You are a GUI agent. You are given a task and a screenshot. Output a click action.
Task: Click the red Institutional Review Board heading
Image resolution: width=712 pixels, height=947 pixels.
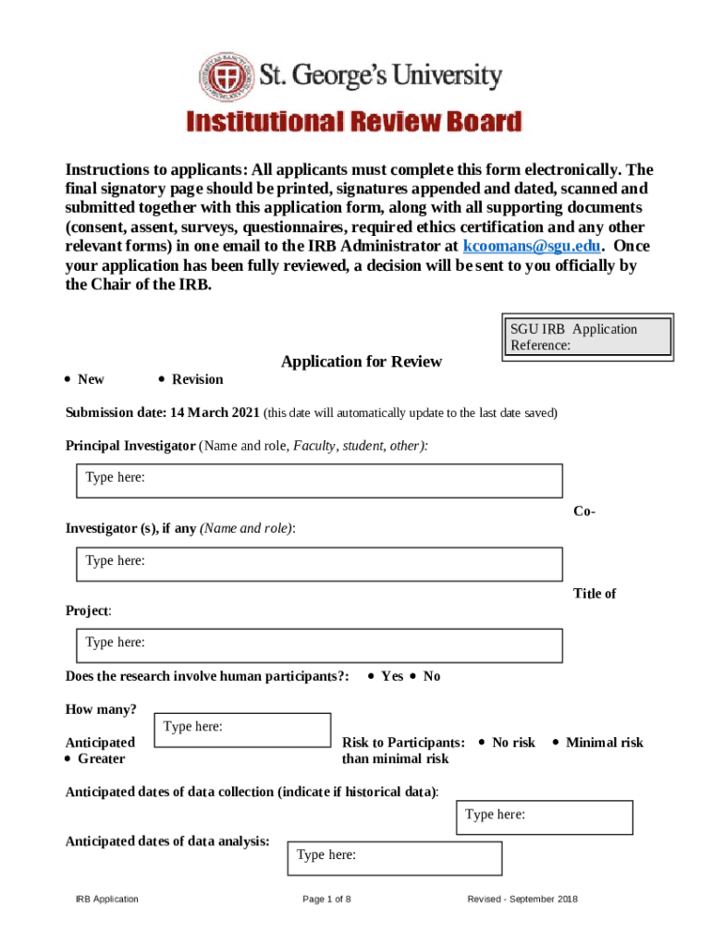(x=355, y=122)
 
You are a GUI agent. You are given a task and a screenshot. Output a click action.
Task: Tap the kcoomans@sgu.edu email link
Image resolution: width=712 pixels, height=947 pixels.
(x=533, y=246)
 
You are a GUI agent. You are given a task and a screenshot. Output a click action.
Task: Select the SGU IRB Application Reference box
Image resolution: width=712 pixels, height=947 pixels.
(x=586, y=338)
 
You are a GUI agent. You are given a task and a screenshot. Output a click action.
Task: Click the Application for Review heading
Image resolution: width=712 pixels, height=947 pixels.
(x=362, y=362)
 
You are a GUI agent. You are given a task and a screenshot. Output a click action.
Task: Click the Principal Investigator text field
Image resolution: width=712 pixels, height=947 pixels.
(x=319, y=481)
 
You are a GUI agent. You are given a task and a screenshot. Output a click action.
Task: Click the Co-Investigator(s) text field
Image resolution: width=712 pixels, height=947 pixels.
(x=319, y=564)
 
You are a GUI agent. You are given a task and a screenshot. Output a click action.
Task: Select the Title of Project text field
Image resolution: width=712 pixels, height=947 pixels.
(x=319, y=646)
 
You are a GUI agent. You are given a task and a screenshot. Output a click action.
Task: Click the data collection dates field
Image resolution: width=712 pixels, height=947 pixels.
(x=546, y=818)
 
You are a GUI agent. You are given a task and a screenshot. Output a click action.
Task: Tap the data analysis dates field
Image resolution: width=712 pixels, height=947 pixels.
(x=396, y=857)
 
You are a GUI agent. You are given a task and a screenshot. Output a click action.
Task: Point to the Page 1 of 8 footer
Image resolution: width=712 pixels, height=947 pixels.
(x=326, y=899)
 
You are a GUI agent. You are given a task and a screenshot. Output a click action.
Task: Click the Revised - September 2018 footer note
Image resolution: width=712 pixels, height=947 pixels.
(x=522, y=899)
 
